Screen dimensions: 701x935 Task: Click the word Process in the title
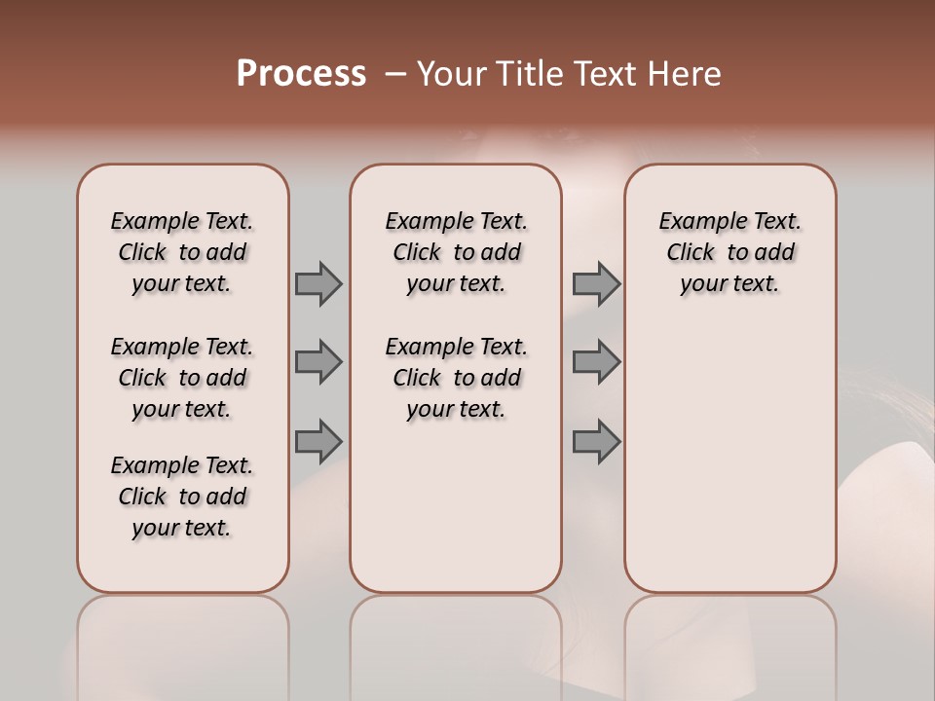[301, 74]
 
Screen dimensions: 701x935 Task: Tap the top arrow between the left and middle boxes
[318, 283]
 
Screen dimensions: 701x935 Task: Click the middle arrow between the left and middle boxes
[318, 362]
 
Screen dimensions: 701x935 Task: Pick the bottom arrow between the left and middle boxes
[318, 441]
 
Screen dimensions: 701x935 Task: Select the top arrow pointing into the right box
[596, 283]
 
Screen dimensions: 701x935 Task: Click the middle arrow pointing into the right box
[596, 362]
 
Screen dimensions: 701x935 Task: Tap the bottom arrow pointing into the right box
[596, 441]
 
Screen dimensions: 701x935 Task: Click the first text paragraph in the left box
[182, 252]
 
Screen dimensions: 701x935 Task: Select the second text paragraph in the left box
[182, 378]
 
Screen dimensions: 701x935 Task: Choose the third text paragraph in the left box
[182, 497]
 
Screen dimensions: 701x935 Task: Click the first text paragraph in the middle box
[456, 252]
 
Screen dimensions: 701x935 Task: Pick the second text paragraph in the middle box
[456, 378]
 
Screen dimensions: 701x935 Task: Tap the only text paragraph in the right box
[729, 252]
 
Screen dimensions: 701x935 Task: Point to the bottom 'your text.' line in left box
[182, 528]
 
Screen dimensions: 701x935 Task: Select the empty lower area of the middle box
[456, 506]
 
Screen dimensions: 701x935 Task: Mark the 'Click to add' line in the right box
[729, 252]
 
